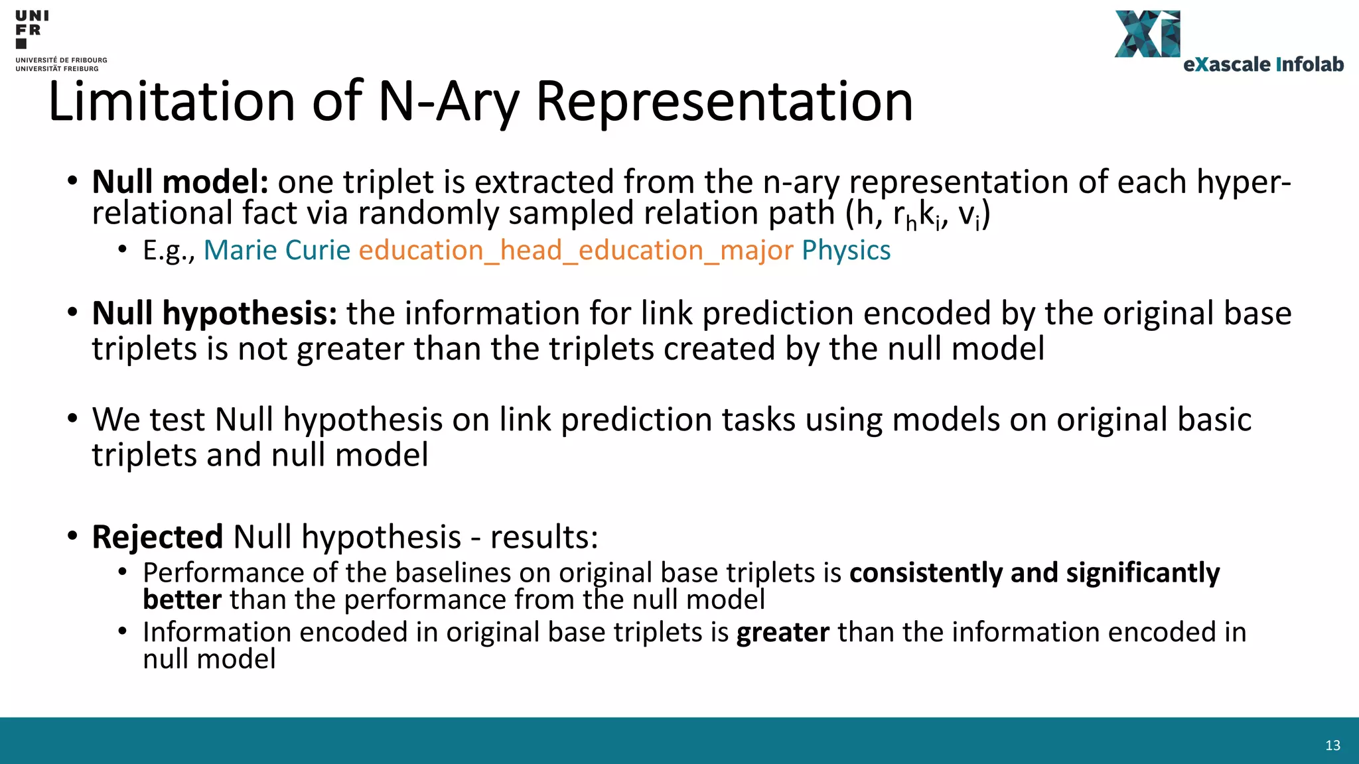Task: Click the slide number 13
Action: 1332,745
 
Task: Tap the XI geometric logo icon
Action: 1147,34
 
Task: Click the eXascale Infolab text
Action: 1263,64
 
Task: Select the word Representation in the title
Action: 724,101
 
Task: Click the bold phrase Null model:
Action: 180,182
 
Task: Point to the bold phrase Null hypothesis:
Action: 214,313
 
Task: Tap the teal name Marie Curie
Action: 277,251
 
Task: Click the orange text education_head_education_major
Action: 575,251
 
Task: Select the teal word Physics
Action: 846,251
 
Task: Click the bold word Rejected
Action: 157,537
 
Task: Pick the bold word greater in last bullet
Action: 782,633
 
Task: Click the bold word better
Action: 182,600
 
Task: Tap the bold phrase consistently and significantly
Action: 1034,573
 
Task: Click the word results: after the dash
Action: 544,537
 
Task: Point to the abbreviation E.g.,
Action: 169,251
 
